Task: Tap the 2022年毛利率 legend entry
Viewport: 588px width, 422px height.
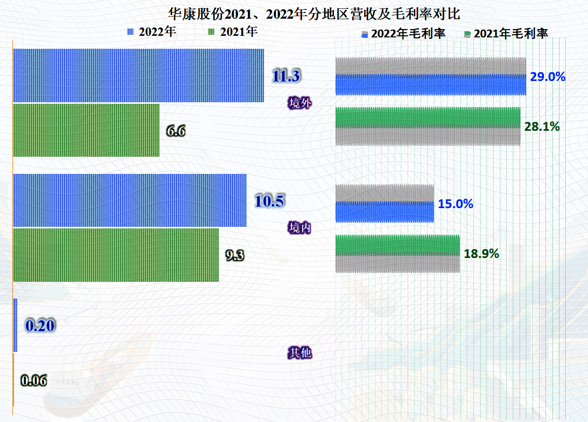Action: pyautogui.click(x=403, y=34)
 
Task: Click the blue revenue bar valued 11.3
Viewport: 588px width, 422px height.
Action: pyautogui.click(x=138, y=75)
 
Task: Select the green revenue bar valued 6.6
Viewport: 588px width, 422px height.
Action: pyautogui.click(x=86, y=130)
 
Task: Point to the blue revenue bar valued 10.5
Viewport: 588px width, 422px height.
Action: pyautogui.click(x=130, y=200)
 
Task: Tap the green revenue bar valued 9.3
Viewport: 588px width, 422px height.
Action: pyautogui.click(x=116, y=255)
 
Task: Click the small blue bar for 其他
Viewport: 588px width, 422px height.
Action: pyautogui.click(x=15, y=325)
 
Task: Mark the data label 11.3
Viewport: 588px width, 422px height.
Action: pyautogui.click(x=286, y=76)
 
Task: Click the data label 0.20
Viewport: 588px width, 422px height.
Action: pyautogui.click(x=40, y=326)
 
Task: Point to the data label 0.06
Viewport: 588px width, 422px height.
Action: pyautogui.click(x=34, y=380)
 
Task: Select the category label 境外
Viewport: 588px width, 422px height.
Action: pyautogui.click(x=300, y=103)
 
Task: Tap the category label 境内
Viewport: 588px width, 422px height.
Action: pyautogui.click(x=300, y=227)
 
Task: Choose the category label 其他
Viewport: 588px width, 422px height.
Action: pyautogui.click(x=300, y=353)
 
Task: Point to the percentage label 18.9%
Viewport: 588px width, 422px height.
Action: pyautogui.click(x=481, y=254)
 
